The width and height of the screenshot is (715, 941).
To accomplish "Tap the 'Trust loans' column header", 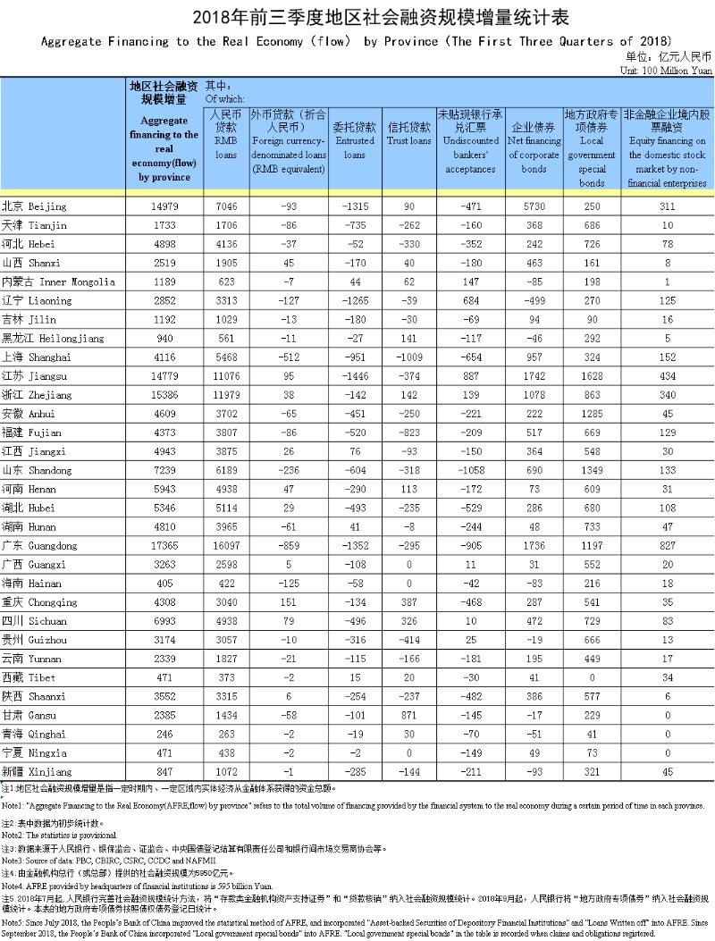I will pyautogui.click(x=408, y=135).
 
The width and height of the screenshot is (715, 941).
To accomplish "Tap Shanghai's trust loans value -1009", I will pyautogui.click(x=409, y=357).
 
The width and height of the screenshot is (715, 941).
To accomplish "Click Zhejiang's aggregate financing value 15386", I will pyautogui.click(x=165, y=394).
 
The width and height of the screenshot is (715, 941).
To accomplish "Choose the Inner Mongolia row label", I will pyautogui.click(x=58, y=281).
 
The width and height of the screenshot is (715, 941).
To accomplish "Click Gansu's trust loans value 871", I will pyautogui.click(x=409, y=715).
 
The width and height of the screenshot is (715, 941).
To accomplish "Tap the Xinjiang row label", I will pyautogui.click(x=39, y=771).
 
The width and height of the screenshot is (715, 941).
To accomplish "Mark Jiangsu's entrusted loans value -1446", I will pyautogui.click(x=354, y=375).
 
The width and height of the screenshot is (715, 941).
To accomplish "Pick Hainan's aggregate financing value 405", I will pyautogui.click(x=165, y=583).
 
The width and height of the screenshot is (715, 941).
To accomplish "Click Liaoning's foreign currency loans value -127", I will pyautogui.click(x=289, y=300).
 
